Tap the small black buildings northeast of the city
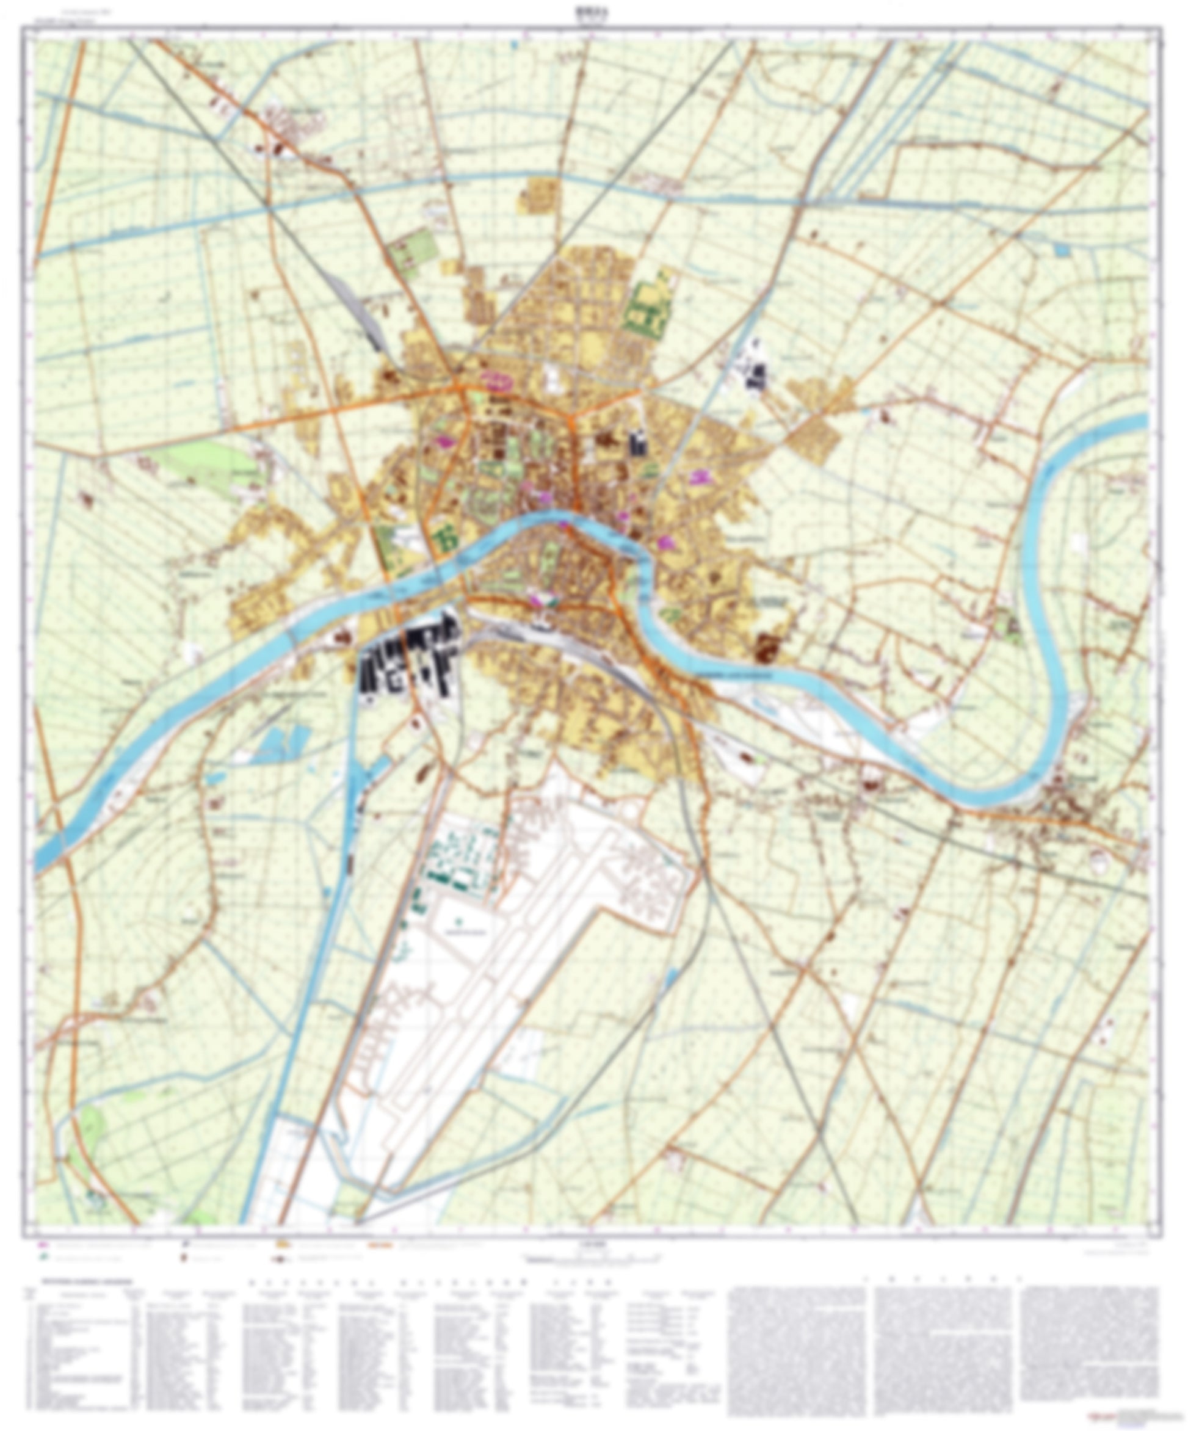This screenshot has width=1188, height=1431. coord(756,374)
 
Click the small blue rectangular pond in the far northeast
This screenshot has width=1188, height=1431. coord(1061,250)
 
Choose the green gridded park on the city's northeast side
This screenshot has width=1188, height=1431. coord(649,305)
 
